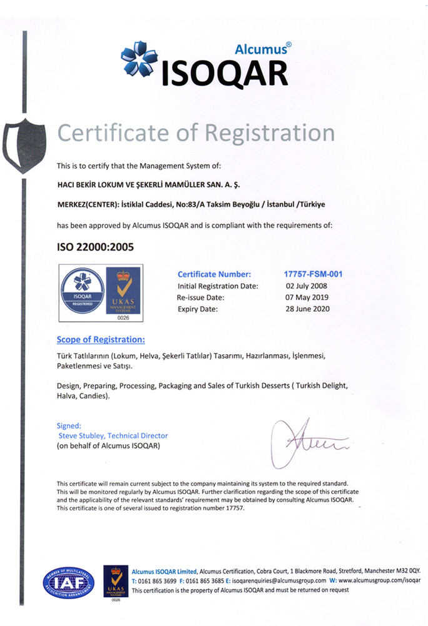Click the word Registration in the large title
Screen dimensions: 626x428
[271, 132]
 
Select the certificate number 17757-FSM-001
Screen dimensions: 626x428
[313, 274]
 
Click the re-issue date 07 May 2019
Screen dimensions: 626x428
[307, 297]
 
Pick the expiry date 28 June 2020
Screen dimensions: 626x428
[307, 309]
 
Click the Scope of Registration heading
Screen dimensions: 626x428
[101, 340]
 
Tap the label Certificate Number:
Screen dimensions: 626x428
[214, 274]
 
